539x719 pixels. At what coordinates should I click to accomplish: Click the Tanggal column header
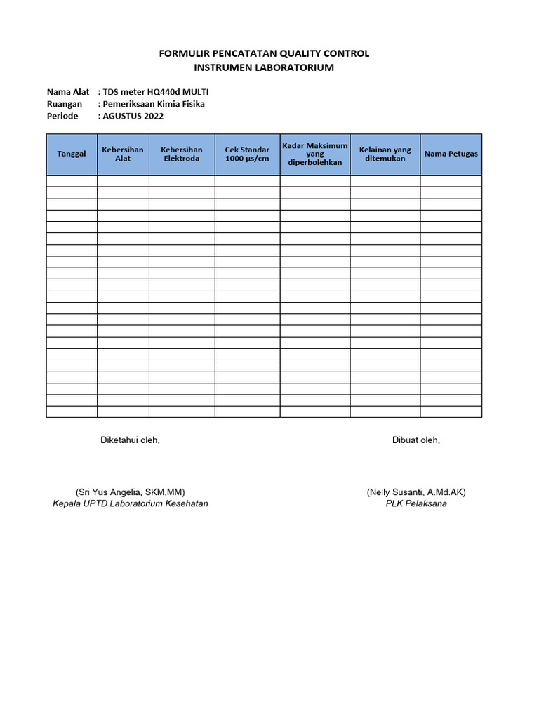pyautogui.click(x=72, y=154)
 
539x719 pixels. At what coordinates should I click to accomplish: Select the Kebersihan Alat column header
pyautogui.click(x=123, y=154)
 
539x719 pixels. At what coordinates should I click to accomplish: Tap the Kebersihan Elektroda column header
pyautogui.click(x=182, y=154)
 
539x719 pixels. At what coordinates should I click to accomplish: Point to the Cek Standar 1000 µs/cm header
pyautogui.click(x=247, y=154)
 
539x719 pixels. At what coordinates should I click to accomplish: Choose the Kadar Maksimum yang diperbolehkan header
pyautogui.click(x=315, y=154)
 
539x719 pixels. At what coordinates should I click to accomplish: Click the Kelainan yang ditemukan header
pyautogui.click(x=385, y=154)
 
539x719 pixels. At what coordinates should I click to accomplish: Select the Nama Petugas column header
pyautogui.click(x=451, y=154)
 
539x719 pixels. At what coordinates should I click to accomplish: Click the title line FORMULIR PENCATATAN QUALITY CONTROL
pyautogui.click(x=264, y=54)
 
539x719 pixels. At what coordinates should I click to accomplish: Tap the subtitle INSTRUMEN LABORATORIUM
pyautogui.click(x=264, y=67)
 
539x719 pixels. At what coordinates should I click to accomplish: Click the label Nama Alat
pyautogui.click(x=68, y=92)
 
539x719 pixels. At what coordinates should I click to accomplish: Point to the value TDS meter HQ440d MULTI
pyautogui.click(x=155, y=92)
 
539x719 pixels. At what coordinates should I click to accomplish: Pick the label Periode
pyautogui.click(x=62, y=116)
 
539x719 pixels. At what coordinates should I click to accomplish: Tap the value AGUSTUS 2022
pyautogui.click(x=133, y=116)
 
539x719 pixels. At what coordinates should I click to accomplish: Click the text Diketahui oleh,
pyautogui.click(x=130, y=440)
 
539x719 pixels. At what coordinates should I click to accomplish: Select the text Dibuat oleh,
pyautogui.click(x=416, y=440)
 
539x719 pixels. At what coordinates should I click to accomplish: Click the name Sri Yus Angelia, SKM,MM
pyautogui.click(x=131, y=492)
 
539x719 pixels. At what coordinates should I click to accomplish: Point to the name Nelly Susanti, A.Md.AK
pyautogui.click(x=416, y=492)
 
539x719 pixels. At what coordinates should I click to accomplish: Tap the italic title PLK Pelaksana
pyautogui.click(x=416, y=503)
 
